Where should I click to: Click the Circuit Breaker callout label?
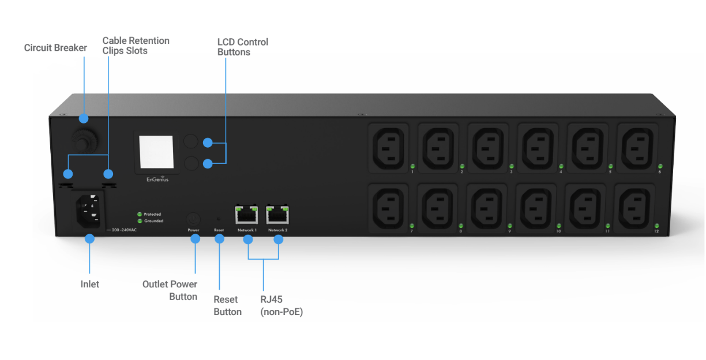(55, 48)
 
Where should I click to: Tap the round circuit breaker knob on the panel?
(84, 141)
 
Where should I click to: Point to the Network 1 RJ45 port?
(247, 215)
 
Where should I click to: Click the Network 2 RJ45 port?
(277, 215)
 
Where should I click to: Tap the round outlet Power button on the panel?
(193, 219)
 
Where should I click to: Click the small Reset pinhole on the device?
(219, 219)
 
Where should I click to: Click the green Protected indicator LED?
(139, 214)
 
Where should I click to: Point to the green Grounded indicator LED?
(139, 221)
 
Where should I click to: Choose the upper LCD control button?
(191, 142)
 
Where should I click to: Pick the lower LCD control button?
(191, 164)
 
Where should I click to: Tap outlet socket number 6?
(637, 147)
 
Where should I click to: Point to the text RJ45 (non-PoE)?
(281, 306)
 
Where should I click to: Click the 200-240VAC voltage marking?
(123, 229)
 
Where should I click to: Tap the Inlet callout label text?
(89, 284)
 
